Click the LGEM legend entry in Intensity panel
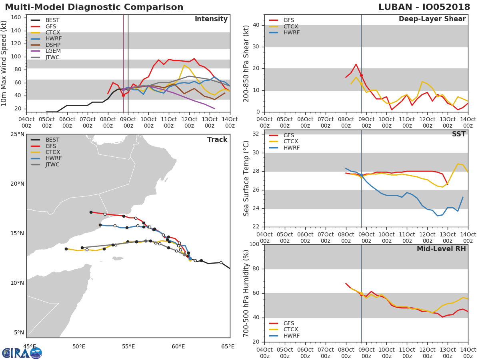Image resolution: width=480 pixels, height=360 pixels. pyautogui.click(x=46, y=51)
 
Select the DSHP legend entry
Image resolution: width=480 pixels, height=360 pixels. pyautogui.click(x=46, y=45)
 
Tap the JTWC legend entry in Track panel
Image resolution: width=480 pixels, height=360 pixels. pyautogui.click(x=45, y=164)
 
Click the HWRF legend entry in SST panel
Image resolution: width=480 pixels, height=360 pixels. pyautogui.click(x=284, y=148)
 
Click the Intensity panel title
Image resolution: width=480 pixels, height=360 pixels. pyautogui.click(x=211, y=19)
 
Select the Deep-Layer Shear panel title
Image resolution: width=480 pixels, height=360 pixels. pyautogui.click(x=432, y=19)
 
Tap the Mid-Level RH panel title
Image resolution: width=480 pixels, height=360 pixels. pyautogui.click(x=441, y=249)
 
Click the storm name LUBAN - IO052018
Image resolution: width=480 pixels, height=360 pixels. pyautogui.click(x=424, y=7)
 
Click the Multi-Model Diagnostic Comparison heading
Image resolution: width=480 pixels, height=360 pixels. pyautogui.click(x=94, y=7)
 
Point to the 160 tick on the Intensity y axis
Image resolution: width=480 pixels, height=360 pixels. pyautogui.click(x=16, y=18)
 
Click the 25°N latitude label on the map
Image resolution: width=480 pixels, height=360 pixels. pyautogui.click(x=17, y=134)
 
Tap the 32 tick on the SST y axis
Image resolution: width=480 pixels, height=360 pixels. pyautogui.click(x=256, y=134)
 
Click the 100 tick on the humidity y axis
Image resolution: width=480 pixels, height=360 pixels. pyautogui.click(x=254, y=244)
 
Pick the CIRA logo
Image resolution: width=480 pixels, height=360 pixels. pyautogui.click(x=22, y=353)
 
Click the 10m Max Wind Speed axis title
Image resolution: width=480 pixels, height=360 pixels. pyautogui.click(x=4, y=63)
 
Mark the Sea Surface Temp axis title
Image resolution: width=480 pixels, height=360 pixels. pyautogui.click(x=246, y=178)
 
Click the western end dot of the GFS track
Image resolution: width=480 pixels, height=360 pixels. pyautogui.click(x=91, y=212)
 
